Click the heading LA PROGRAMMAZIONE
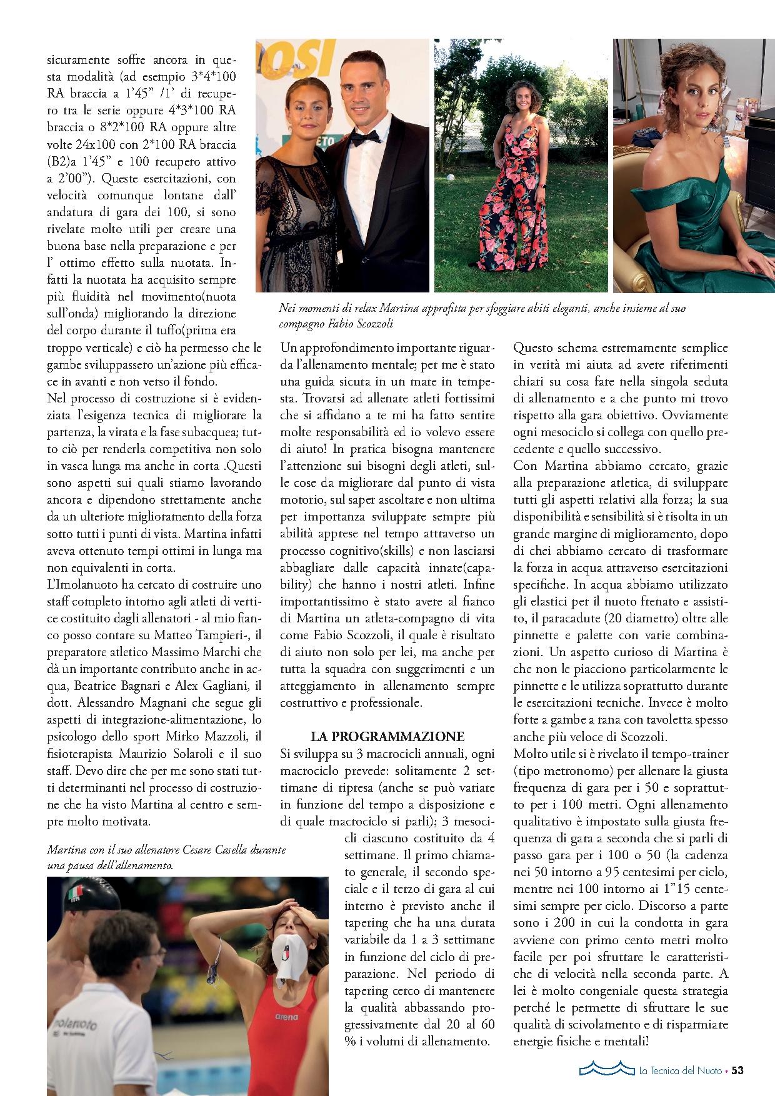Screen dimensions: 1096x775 [387, 736]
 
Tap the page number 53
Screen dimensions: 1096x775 [737, 1070]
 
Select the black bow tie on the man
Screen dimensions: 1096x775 [365, 137]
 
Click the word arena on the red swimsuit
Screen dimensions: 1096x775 [286, 1017]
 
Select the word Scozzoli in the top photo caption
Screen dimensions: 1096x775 [374, 324]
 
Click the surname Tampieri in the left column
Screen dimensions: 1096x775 [221, 635]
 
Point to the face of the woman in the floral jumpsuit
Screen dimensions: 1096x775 [522, 101]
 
